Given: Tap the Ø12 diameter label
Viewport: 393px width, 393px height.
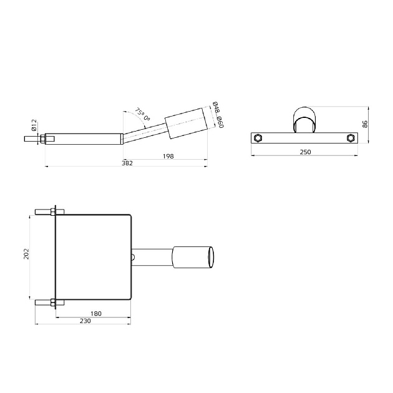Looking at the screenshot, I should pyautogui.click(x=35, y=125).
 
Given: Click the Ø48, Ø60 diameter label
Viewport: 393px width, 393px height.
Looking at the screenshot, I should pyautogui.click(x=218, y=114).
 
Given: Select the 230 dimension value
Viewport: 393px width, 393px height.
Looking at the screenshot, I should pyautogui.click(x=85, y=321).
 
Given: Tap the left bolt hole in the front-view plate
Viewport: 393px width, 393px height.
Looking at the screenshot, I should pyautogui.click(x=258, y=138).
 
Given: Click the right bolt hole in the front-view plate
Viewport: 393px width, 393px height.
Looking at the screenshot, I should pyautogui.click(x=351, y=138).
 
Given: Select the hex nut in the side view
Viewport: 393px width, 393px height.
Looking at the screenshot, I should pyautogui.click(x=41, y=138).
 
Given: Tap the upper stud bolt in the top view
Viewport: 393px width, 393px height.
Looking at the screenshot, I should pyautogui.click(x=46, y=211).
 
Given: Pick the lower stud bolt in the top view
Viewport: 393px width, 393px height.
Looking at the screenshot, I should pyautogui.click(x=46, y=304).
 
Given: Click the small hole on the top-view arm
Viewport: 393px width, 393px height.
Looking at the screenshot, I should pyautogui.click(x=133, y=255).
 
